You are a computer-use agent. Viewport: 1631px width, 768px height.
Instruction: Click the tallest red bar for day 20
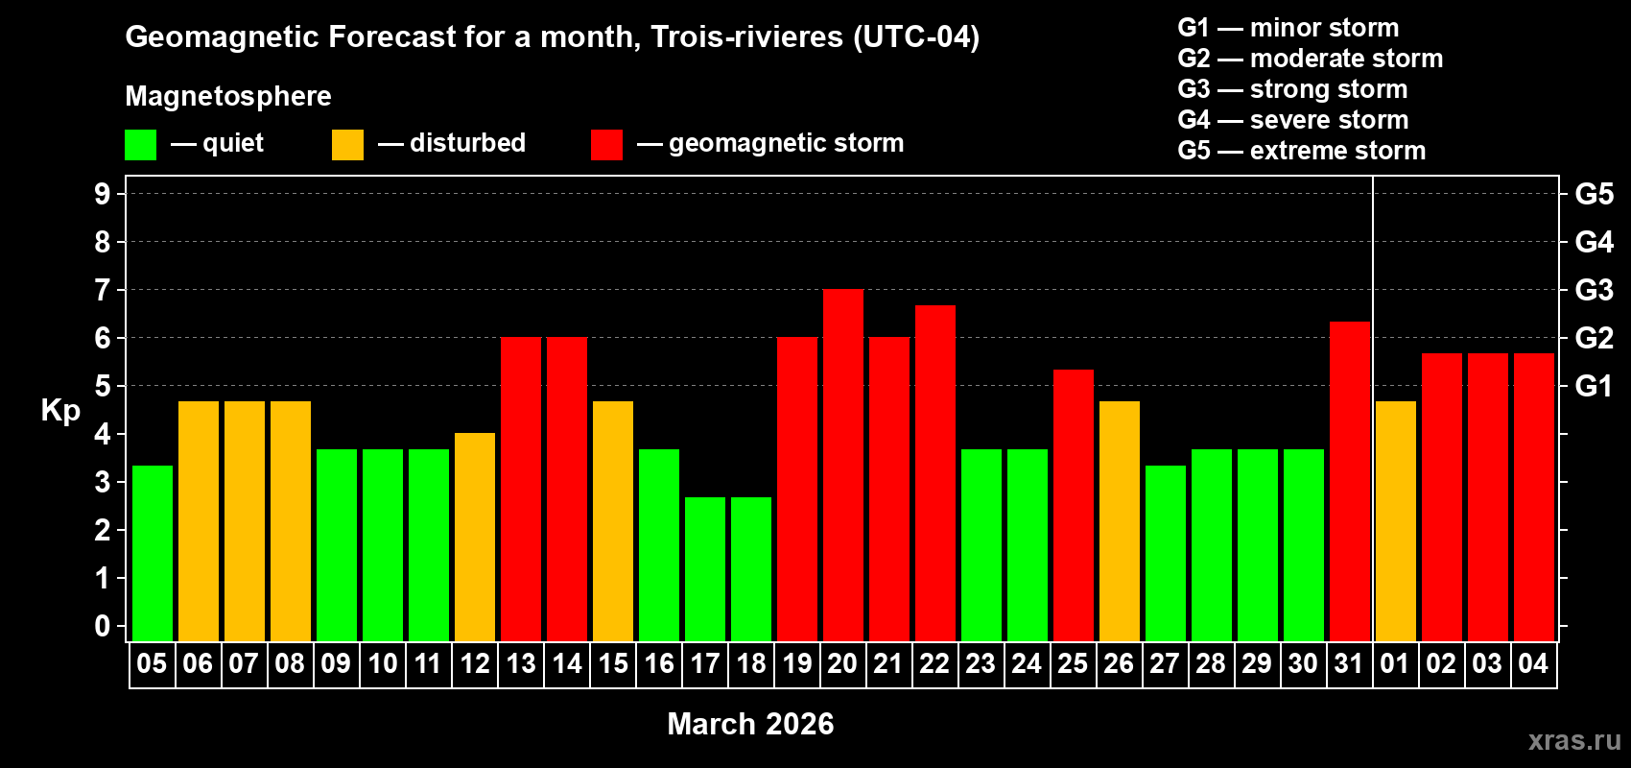(x=843, y=465)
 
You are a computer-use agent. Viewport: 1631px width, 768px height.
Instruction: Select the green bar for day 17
(x=705, y=568)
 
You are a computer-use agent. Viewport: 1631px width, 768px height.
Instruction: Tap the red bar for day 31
(x=1350, y=481)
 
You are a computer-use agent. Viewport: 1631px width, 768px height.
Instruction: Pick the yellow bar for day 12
(x=475, y=537)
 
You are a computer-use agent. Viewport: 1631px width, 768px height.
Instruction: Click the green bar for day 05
(x=153, y=553)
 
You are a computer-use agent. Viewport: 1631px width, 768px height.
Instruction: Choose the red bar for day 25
(x=1074, y=505)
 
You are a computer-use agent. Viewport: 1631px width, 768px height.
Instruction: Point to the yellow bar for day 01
(x=1396, y=520)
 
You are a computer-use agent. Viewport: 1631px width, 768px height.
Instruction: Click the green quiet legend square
(x=141, y=145)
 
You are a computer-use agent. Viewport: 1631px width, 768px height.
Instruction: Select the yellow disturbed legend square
(x=347, y=145)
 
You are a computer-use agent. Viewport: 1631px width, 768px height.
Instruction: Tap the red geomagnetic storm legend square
(x=606, y=145)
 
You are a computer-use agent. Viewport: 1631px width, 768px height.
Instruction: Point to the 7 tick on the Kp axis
(x=103, y=290)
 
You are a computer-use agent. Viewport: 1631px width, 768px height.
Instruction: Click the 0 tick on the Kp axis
(x=103, y=627)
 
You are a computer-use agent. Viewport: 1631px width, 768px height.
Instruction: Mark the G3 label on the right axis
(x=1594, y=290)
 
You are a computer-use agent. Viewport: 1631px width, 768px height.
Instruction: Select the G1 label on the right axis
(x=1594, y=386)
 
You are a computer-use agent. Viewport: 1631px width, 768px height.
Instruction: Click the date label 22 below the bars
(x=934, y=664)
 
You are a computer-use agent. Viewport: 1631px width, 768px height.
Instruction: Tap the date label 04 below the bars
(x=1533, y=664)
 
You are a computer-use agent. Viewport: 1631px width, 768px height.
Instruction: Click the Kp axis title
(x=60, y=411)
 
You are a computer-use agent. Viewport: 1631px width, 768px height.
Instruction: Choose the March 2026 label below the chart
(x=750, y=724)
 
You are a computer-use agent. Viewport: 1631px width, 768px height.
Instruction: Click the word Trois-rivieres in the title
(x=746, y=37)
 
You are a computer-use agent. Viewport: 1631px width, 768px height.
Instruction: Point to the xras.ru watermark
(x=1574, y=740)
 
